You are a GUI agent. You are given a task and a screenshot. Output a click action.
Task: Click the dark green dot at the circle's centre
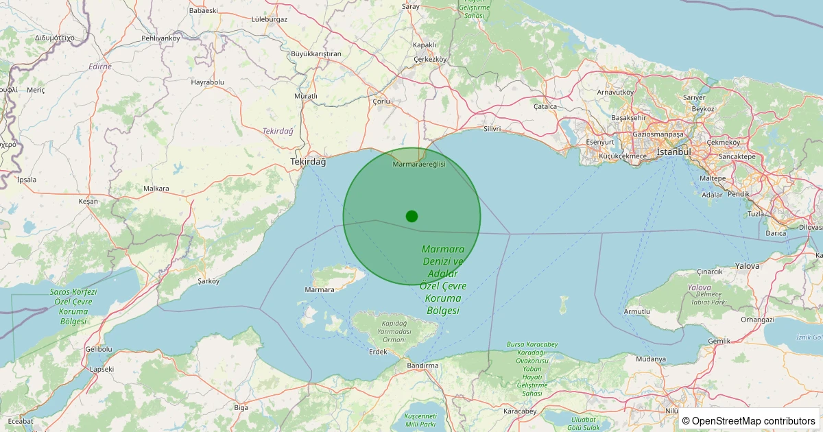[x=411, y=216]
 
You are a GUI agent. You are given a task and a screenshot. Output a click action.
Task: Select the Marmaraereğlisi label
[x=419, y=164]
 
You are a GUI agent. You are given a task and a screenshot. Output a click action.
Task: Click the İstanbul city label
[x=673, y=152]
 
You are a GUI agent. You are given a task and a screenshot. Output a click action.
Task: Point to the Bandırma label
[x=422, y=365]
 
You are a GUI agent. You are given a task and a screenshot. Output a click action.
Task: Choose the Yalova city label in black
[x=747, y=265]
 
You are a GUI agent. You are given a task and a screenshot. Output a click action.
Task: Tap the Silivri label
[x=492, y=128]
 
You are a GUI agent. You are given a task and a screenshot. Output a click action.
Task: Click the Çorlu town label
[x=381, y=101]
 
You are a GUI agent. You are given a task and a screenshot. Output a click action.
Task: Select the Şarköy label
[x=208, y=281]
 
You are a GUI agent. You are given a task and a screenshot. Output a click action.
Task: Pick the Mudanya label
[x=651, y=359]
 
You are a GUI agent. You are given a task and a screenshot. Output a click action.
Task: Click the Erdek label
[x=378, y=352]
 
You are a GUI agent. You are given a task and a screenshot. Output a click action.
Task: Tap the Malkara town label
[x=156, y=188]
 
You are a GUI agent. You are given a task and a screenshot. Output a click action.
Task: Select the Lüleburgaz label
[x=270, y=19]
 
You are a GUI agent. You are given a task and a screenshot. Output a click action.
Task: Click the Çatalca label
[x=545, y=106]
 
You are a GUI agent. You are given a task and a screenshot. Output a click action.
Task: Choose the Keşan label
[x=88, y=201]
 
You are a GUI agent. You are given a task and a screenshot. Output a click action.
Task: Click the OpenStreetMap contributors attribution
[x=748, y=420]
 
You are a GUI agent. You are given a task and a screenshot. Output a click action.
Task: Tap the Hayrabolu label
[x=208, y=82]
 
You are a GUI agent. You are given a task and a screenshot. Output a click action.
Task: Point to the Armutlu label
[x=637, y=311]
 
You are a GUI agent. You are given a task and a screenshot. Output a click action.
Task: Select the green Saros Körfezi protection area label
[x=73, y=306]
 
